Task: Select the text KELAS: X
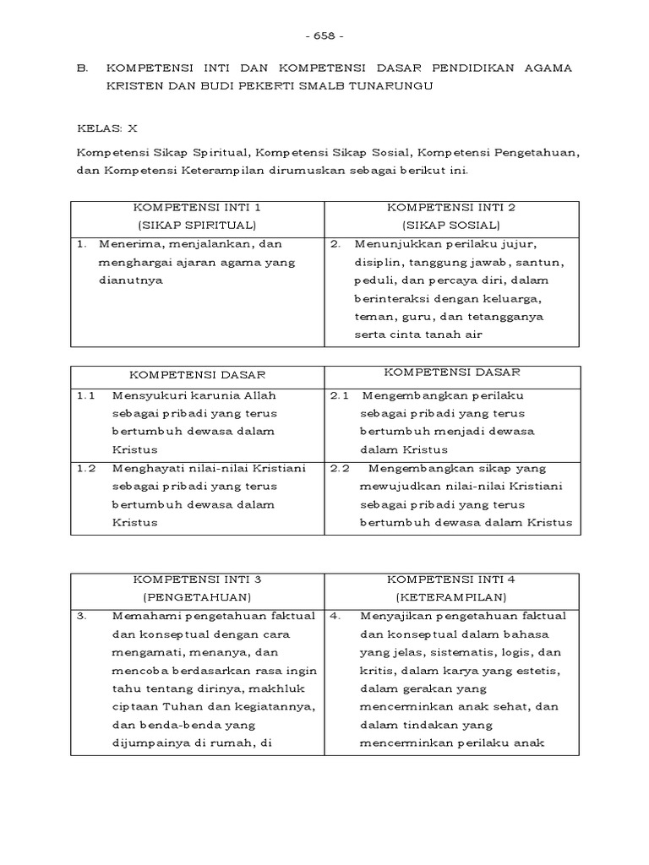coord(106,128)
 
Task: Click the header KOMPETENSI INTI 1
coord(197,207)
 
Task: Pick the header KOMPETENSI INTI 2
coord(451,207)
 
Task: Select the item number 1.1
coord(86,395)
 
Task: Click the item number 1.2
coord(86,468)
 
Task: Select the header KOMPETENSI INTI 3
coord(197,579)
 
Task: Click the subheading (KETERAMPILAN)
coord(451,597)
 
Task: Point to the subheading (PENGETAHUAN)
coord(197,597)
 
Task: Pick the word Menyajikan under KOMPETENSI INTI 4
coord(396,616)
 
